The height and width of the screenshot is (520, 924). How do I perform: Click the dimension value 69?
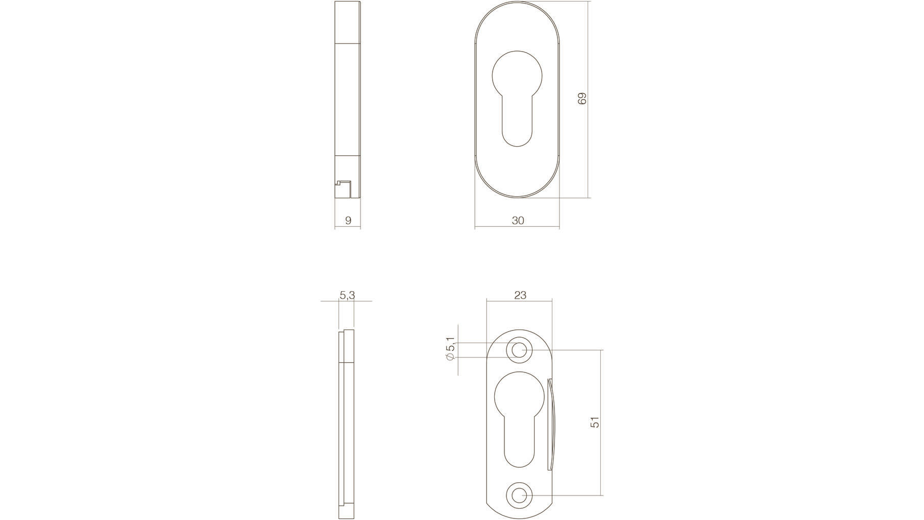(582, 99)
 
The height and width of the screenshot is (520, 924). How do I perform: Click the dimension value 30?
(518, 221)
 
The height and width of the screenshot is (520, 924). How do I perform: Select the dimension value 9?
(348, 221)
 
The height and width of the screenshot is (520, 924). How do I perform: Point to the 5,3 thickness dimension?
(347, 295)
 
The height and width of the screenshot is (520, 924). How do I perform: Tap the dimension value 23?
(520, 295)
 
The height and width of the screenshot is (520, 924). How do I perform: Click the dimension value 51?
(595, 422)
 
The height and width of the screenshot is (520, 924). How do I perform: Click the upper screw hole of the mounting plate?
(519, 350)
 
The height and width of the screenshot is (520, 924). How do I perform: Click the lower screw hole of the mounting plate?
(519, 495)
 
